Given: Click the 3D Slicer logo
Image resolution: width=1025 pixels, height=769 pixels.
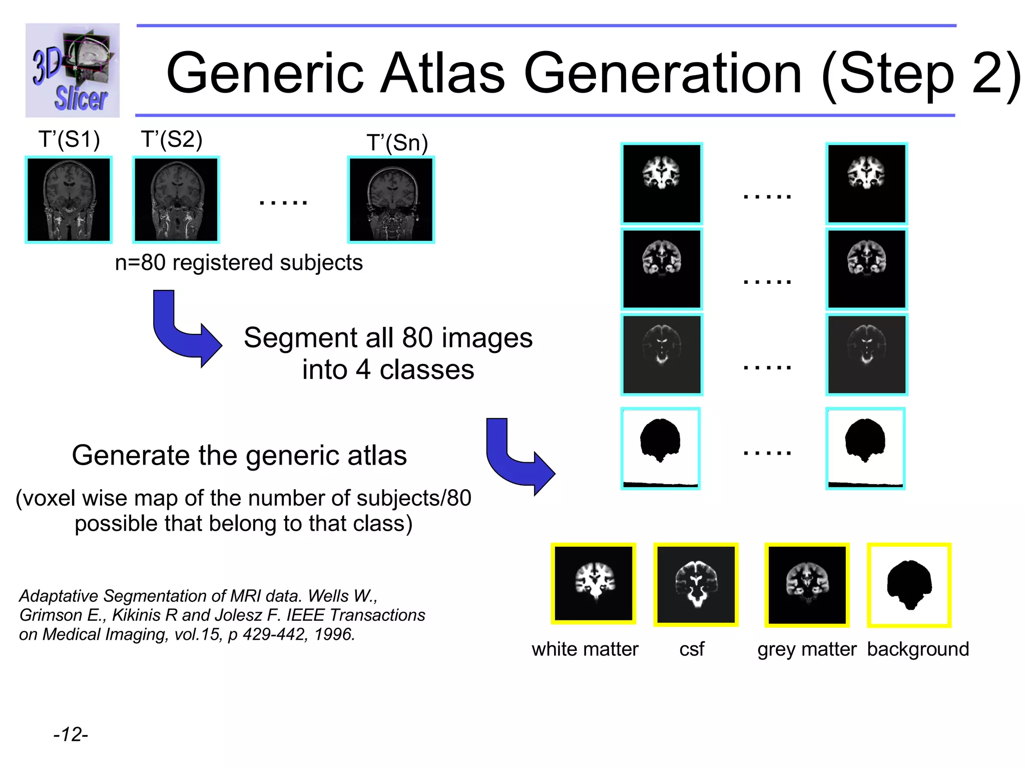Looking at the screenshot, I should click(x=73, y=70).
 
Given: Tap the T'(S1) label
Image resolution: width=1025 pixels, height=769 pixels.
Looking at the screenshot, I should click(x=69, y=139).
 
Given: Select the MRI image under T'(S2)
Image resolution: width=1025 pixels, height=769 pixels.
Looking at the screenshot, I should click(x=176, y=199).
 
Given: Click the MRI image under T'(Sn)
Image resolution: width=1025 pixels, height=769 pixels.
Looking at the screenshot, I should click(x=391, y=199).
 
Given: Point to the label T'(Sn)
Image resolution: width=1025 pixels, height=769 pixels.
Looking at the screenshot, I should click(x=397, y=143).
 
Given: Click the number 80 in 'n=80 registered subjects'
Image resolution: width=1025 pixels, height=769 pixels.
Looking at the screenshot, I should click(x=153, y=262).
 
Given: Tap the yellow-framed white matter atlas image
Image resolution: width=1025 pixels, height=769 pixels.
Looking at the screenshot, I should click(x=594, y=584).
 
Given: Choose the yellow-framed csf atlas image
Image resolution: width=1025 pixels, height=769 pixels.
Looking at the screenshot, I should click(x=696, y=584).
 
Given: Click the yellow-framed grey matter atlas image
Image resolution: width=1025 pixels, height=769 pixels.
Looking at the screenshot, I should click(x=807, y=585).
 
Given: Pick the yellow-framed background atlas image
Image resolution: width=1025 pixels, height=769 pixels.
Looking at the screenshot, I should click(x=909, y=585).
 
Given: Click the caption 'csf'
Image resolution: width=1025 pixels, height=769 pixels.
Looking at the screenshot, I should click(x=692, y=649).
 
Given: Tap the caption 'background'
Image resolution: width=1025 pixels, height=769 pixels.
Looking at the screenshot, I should click(x=918, y=649).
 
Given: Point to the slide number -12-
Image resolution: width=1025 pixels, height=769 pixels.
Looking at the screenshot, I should click(x=71, y=734).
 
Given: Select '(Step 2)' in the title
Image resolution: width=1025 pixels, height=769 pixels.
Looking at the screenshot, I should click(x=921, y=74).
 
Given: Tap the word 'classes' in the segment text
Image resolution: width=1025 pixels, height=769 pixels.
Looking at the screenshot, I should click(x=426, y=370).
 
